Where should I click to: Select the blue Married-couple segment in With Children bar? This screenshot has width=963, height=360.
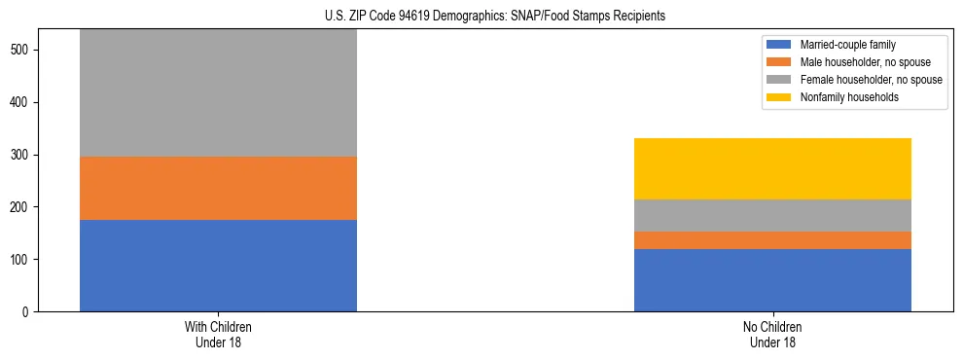(218, 266)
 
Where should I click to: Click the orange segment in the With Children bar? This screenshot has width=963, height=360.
(218, 188)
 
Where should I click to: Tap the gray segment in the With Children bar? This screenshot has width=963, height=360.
(218, 93)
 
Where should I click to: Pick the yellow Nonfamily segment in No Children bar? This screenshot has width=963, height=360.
(772, 168)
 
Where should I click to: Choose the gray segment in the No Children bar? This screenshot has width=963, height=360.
(772, 215)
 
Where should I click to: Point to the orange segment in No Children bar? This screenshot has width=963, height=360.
(772, 240)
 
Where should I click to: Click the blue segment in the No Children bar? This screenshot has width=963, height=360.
(772, 280)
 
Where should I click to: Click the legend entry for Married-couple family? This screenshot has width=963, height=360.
(847, 45)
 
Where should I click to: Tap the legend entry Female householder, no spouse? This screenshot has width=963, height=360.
(871, 80)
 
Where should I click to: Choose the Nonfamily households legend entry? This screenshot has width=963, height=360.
(849, 97)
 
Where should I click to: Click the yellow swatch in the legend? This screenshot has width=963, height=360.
(779, 97)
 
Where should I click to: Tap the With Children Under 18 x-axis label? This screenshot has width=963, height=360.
(218, 335)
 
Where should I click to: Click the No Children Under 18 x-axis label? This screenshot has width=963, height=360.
(772, 335)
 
